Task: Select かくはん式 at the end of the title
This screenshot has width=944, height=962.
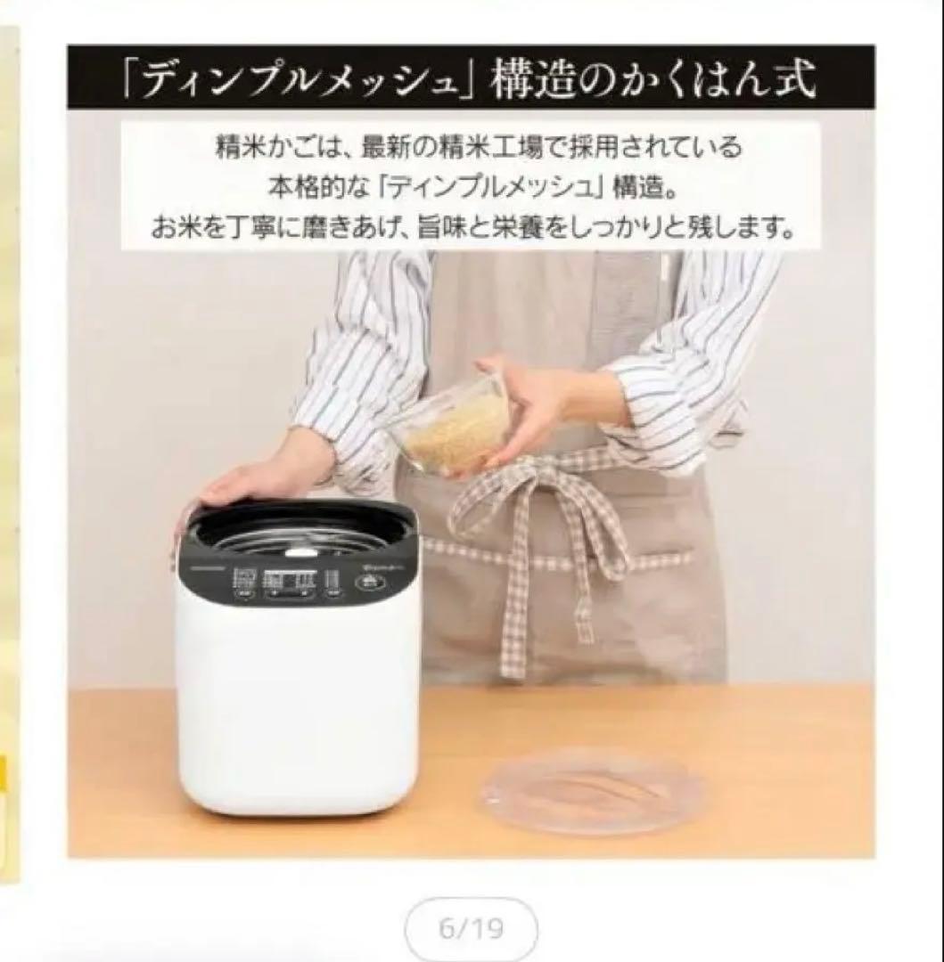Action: pos(713,78)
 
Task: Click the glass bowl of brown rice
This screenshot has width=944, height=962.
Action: pos(451,428)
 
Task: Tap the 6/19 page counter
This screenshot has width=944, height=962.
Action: pos(472,929)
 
